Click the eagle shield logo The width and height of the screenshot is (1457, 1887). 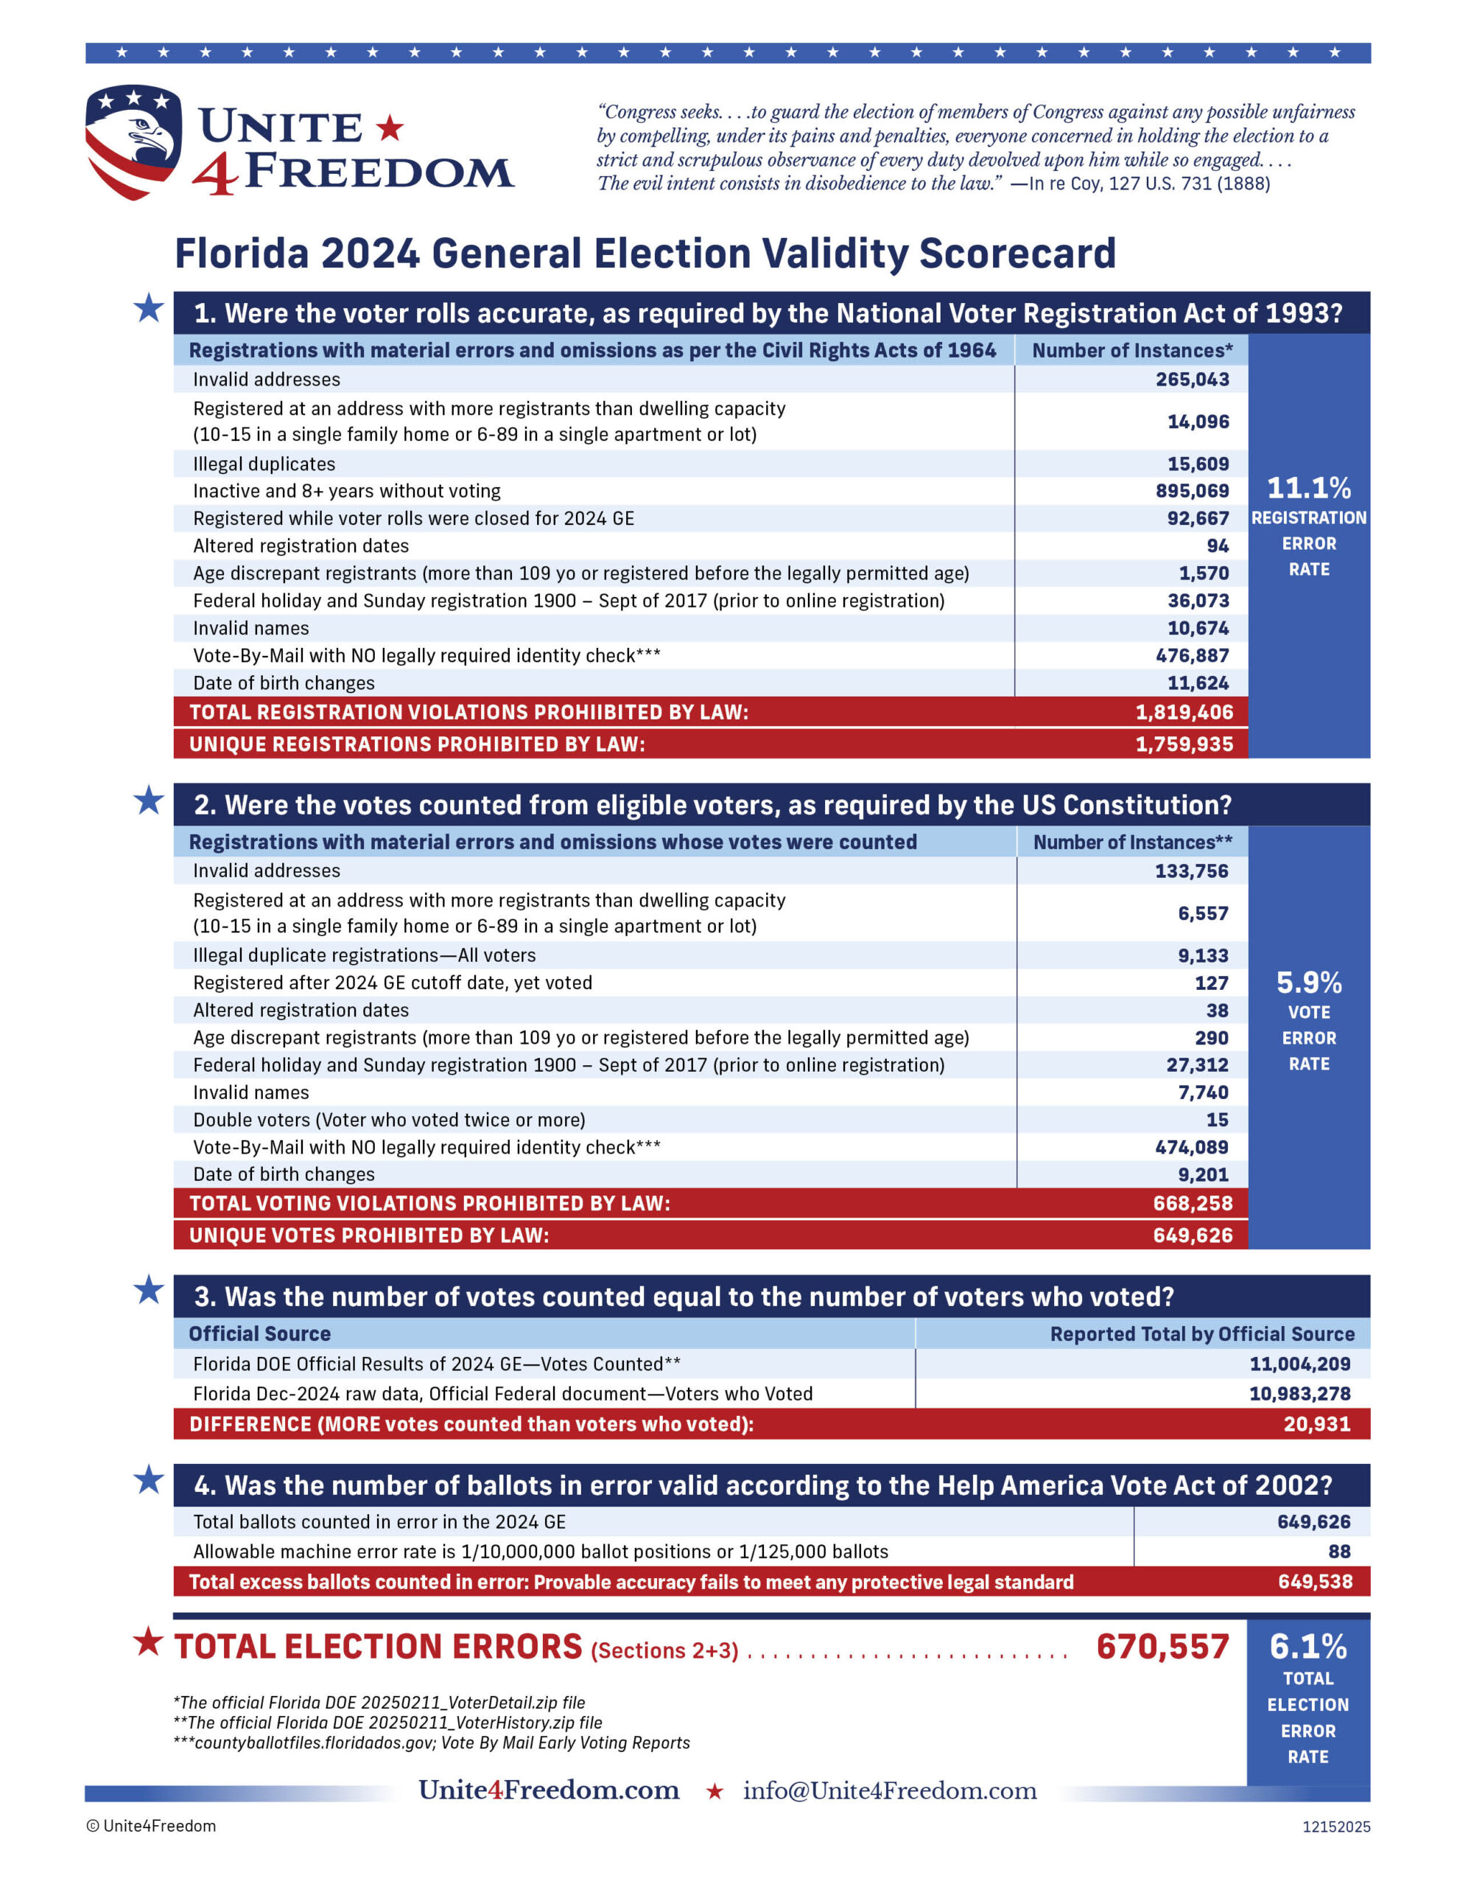tap(133, 141)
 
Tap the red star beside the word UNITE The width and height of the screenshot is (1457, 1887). tap(390, 128)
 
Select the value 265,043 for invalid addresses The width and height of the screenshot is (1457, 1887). tap(1192, 380)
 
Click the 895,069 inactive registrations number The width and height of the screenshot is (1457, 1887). tap(1192, 491)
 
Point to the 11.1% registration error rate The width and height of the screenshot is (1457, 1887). tap(1308, 488)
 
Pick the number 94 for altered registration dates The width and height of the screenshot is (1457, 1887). tap(1217, 546)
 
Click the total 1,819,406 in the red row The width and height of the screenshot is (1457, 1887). tap(1183, 712)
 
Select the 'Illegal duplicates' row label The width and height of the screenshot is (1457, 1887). tap(264, 464)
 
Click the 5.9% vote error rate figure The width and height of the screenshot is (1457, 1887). tap(1308, 983)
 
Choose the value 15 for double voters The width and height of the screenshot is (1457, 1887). tap(1217, 1120)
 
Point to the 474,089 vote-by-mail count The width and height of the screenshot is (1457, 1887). tap(1191, 1148)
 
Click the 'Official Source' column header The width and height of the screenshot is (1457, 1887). tap(259, 1334)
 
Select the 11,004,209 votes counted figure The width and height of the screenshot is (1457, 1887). tap(1300, 1364)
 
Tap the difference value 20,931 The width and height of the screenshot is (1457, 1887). tap(1316, 1424)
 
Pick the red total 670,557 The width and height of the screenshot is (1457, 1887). tap(1162, 1647)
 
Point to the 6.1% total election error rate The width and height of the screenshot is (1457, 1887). tap(1307, 1647)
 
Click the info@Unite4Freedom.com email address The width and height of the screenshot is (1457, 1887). tap(890, 1790)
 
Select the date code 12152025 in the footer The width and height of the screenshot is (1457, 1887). tap(1336, 1827)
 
